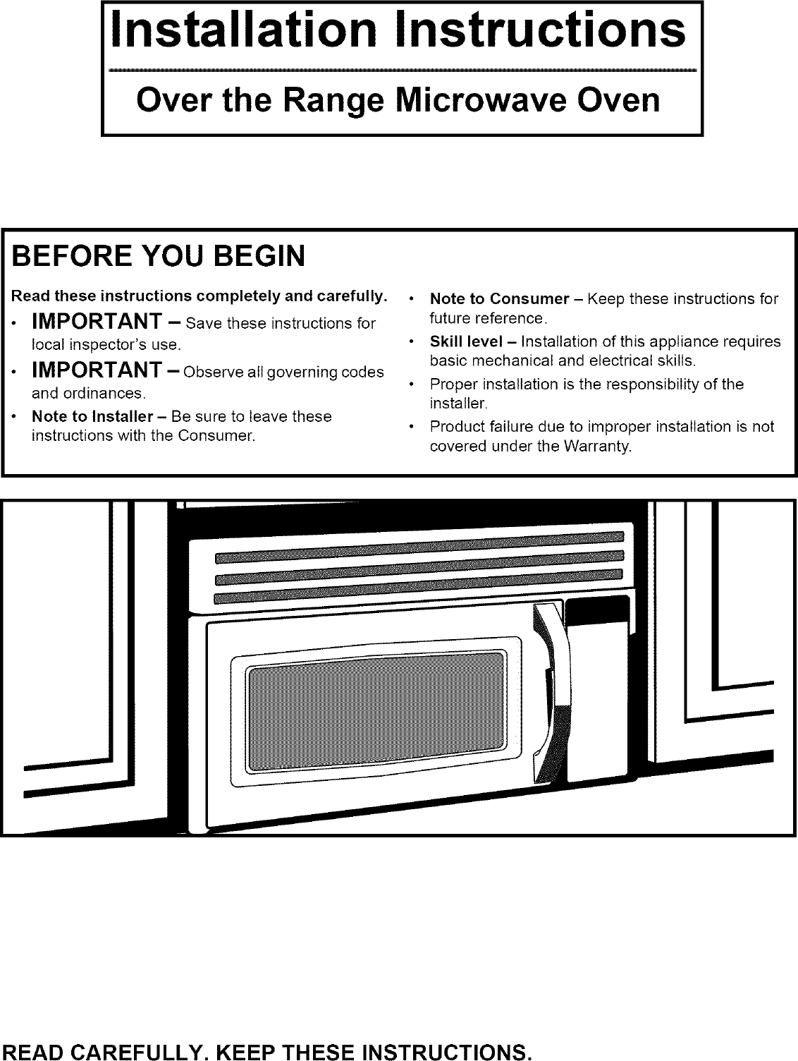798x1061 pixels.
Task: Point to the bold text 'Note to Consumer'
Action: click(x=499, y=298)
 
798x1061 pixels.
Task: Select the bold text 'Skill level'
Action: click(x=465, y=341)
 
